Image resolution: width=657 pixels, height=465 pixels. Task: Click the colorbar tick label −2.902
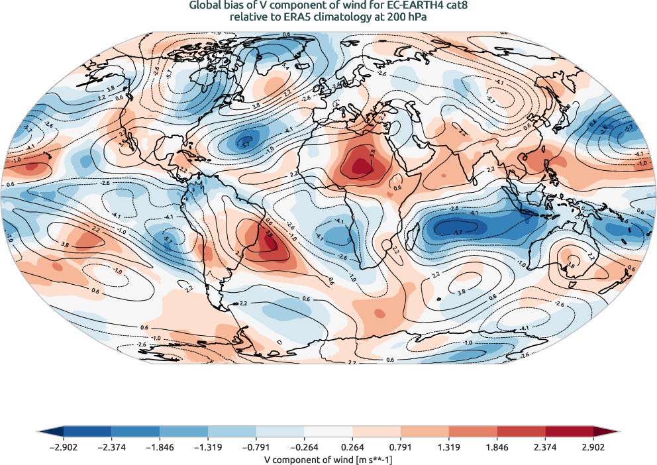[x=64, y=447]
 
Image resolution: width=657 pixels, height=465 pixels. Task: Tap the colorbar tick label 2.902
[x=594, y=447]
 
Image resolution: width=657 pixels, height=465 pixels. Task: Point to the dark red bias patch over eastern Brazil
[x=270, y=244]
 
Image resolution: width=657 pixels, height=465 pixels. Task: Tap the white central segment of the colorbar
[x=328, y=431]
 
